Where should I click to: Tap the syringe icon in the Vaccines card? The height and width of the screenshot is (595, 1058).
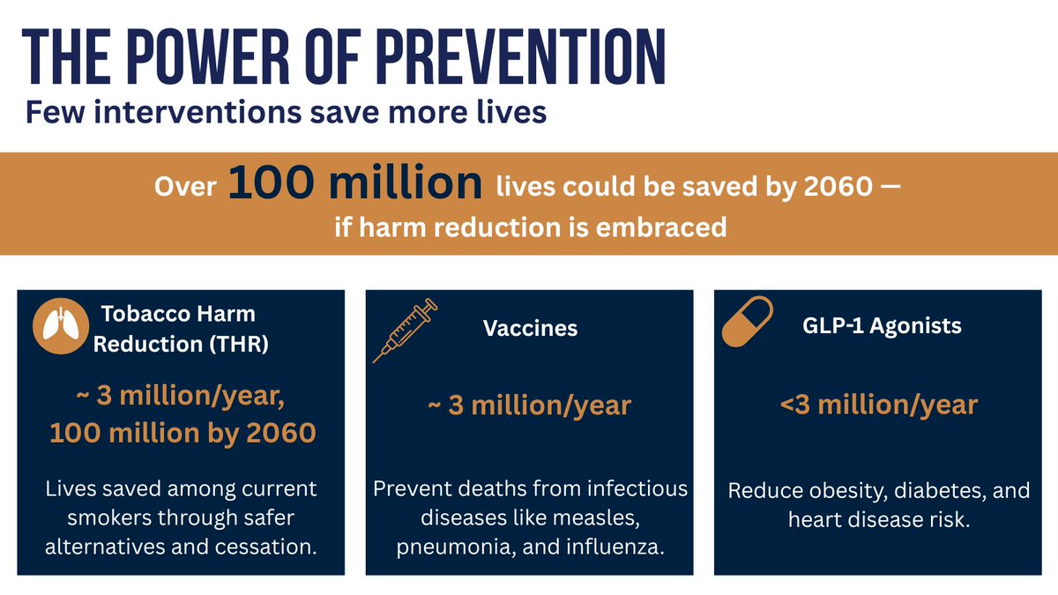tap(405, 331)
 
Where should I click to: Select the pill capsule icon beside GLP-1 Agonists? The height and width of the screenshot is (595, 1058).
tap(747, 322)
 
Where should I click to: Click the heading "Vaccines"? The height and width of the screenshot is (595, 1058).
tap(530, 329)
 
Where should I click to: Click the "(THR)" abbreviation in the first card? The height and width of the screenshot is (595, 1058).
tap(235, 345)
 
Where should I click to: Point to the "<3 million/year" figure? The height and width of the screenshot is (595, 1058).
tap(878, 405)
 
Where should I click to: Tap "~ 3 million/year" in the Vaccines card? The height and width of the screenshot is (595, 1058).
tap(530, 405)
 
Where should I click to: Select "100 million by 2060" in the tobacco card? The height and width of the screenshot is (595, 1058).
tap(183, 433)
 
